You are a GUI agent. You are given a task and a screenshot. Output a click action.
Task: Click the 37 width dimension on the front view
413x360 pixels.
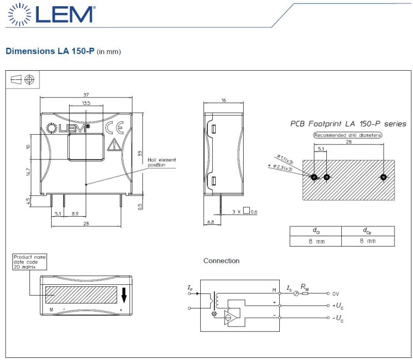coord(86,94)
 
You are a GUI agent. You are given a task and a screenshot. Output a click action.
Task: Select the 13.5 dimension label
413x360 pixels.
coord(86,103)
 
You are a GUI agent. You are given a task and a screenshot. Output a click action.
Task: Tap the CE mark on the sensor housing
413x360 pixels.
coord(114,128)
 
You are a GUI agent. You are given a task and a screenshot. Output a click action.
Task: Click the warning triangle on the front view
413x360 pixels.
coord(114,145)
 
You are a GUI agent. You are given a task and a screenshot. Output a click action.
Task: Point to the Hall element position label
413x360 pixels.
coord(162,162)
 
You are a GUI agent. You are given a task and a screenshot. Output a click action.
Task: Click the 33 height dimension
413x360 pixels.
coord(140,153)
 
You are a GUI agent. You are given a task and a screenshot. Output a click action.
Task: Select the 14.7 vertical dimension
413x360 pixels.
coord(28,172)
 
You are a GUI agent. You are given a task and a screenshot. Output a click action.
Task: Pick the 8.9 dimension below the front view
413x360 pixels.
coord(75,214)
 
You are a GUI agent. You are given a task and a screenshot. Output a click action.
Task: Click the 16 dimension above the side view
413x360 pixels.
coord(224,100)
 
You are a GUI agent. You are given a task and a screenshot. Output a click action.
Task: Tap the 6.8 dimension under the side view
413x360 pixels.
coord(211,222)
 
